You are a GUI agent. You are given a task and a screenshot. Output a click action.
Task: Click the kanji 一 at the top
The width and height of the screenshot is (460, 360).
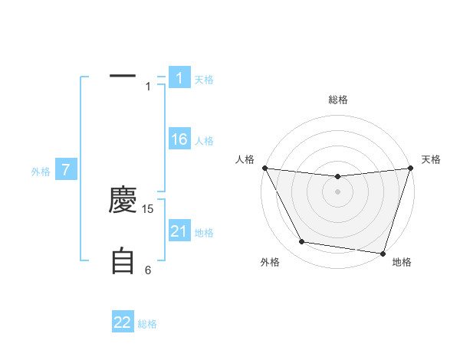(x=123, y=77)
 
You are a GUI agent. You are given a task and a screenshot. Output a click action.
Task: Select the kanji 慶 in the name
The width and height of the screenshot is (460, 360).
(x=123, y=201)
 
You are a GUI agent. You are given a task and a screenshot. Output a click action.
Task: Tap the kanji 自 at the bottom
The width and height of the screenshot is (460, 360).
(x=123, y=260)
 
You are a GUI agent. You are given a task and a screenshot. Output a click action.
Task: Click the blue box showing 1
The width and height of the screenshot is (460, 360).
(x=179, y=77)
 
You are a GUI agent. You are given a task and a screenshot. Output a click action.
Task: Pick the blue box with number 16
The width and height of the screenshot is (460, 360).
(x=179, y=139)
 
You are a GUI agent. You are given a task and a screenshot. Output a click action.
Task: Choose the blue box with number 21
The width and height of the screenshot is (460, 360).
(x=179, y=231)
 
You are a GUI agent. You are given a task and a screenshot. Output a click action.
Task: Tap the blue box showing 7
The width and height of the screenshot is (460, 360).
(x=66, y=170)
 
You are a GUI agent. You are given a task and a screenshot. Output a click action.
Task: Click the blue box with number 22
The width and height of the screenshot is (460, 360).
(x=123, y=322)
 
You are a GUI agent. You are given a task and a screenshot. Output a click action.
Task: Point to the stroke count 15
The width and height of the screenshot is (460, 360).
(x=149, y=208)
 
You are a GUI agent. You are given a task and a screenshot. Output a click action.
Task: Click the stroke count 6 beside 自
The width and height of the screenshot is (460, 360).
(x=149, y=270)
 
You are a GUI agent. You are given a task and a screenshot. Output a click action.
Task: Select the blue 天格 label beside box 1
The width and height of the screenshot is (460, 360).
(x=204, y=79)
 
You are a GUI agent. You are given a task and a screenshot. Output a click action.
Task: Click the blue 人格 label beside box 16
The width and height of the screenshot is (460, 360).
(x=204, y=141)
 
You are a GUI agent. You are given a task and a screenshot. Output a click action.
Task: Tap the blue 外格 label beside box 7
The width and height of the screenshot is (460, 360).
(x=41, y=172)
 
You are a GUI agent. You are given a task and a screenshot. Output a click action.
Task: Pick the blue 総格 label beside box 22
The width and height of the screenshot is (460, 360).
(x=147, y=324)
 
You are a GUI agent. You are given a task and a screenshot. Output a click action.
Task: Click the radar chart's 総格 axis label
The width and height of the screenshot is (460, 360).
(x=337, y=100)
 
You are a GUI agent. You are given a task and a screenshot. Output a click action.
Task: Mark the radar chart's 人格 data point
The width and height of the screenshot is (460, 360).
(x=264, y=168)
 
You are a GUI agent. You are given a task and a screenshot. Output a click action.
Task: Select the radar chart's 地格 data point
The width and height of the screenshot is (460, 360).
(x=383, y=253)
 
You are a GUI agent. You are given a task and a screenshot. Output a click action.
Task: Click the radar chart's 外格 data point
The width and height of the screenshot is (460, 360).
(x=302, y=242)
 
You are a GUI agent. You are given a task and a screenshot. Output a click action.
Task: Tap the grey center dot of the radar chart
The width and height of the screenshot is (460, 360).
(x=337, y=191)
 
